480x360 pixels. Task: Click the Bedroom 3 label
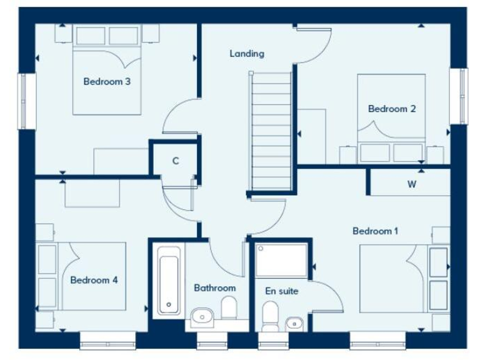[107, 81]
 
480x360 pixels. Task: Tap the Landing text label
[247, 54]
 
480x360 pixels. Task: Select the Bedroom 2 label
[392, 109]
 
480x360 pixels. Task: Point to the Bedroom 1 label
[375, 231]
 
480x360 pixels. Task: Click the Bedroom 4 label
[94, 280]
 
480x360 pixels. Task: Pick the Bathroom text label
[214, 288]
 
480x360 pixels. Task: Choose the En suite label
[282, 291]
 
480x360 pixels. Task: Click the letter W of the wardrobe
[412, 184]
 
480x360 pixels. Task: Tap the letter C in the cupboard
[176, 161]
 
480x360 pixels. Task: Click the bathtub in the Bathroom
[169, 280]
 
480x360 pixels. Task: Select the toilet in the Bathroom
[229, 308]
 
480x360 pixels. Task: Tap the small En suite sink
[294, 324]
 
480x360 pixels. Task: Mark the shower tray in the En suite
[282, 260]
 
